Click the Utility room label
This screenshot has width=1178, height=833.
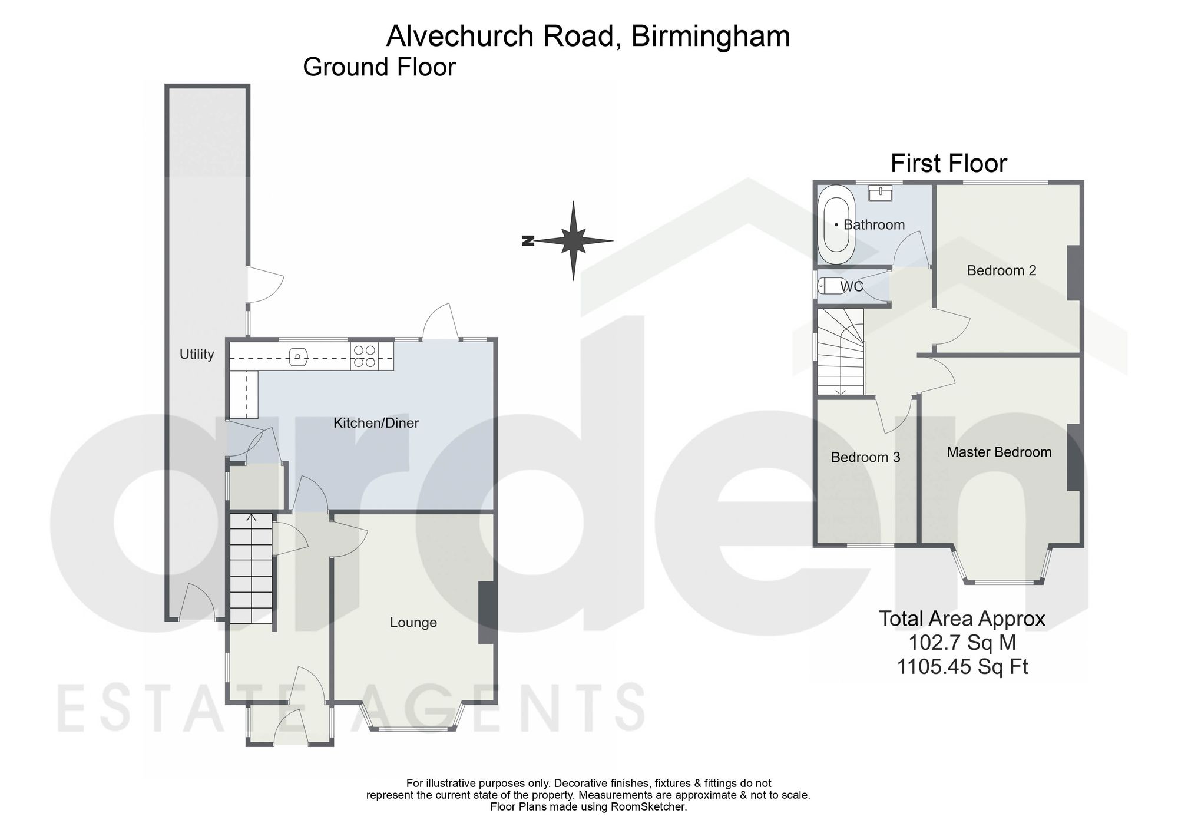pyautogui.click(x=197, y=354)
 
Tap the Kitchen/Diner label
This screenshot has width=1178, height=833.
pyautogui.click(x=376, y=422)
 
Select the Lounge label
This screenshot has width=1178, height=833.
pyautogui.click(x=413, y=623)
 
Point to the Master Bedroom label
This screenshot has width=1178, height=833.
pyautogui.click(x=999, y=452)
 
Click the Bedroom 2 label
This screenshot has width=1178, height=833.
pyautogui.click(x=1001, y=270)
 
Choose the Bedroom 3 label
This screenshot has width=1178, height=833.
pyautogui.click(x=865, y=457)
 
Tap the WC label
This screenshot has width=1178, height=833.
pyautogui.click(x=852, y=286)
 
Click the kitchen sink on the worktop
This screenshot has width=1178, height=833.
pyautogui.click(x=298, y=356)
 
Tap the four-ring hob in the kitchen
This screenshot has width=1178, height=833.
pyautogui.click(x=364, y=356)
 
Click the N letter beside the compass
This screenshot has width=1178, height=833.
pyautogui.click(x=527, y=240)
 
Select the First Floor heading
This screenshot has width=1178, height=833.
pyautogui.click(x=948, y=163)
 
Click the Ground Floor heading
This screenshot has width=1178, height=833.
pyautogui.click(x=379, y=67)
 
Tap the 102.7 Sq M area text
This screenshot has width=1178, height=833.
pyautogui.click(x=962, y=643)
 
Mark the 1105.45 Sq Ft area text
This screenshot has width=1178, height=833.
pyautogui.click(x=962, y=667)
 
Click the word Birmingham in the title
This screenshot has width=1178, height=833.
pyautogui.click(x=710, y=37)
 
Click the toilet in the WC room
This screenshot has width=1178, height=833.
pyautogui.click(x=832, y=286)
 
